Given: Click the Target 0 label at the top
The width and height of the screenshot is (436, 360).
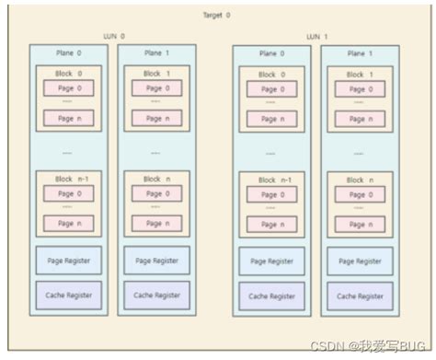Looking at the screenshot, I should [217, 16].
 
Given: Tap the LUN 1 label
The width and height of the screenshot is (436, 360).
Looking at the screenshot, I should [316, 37].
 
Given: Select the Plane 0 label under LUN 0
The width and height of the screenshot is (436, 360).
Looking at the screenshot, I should [67, 53].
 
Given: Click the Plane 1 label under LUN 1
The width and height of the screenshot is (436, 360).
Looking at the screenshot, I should [360, 53].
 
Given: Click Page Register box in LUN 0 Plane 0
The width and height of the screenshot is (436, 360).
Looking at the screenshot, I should [68, 261].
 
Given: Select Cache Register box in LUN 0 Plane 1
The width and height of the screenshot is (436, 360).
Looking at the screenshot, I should [156, 295].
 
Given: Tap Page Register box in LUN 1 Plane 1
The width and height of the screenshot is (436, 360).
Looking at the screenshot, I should [360, 261].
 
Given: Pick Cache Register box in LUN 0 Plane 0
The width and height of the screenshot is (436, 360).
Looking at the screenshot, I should [68, 295].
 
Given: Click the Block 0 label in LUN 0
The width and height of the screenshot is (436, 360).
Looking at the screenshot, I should [68, 73].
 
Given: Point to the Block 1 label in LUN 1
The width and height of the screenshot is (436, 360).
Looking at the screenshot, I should [360, 74].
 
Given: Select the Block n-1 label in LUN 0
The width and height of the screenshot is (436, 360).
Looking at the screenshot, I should [68, 180].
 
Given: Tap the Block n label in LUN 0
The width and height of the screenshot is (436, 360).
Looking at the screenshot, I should [156, 180].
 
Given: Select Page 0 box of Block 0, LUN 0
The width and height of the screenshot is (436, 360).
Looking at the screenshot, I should [68, 88].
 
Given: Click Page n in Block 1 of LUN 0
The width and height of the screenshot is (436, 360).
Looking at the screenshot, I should [156, 118].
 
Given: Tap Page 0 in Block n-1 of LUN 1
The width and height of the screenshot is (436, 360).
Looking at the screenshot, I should [271, 194].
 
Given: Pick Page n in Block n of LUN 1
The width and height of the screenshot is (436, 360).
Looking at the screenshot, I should [360, 224].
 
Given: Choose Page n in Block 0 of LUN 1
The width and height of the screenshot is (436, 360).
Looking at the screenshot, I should [271, 118].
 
